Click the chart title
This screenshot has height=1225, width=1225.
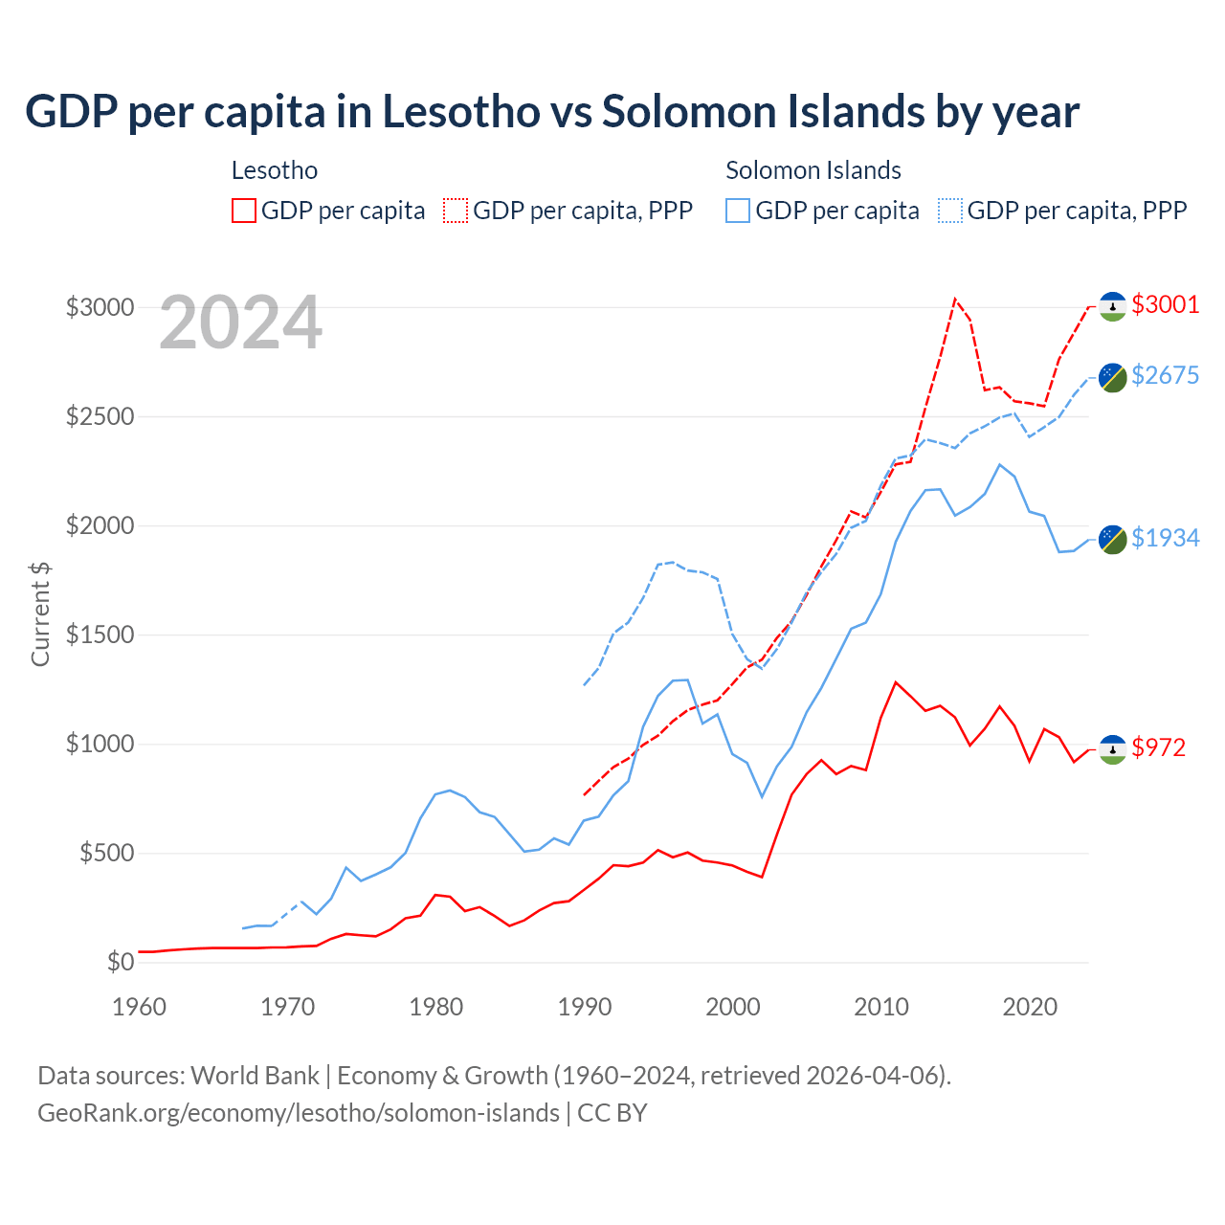pos(552,112)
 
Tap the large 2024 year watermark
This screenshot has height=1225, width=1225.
pos(241,323)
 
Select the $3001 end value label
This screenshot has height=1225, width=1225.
pos(1165,304)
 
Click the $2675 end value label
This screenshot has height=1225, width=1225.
pos(1165,375)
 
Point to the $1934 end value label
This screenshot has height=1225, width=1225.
pos(1165,538)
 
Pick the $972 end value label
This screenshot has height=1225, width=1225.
pos(1158,747)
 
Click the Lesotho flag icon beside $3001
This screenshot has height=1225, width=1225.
pos(1112,305)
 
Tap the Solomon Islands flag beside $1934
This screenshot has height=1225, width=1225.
pos(1112,539)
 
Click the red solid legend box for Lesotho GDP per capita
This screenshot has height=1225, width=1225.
pos(244,211)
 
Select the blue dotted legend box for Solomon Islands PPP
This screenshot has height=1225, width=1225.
pos(950,211)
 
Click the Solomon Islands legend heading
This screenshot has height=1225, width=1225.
pos(813,170)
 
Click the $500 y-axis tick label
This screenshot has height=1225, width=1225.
pos(106,853)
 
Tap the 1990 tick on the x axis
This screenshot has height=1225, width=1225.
pos(585,1007)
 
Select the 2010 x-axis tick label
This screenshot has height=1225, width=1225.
pos(881,1007)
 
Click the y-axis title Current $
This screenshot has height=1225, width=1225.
pos(40,614)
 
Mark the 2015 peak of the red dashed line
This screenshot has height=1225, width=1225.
pos(954,299)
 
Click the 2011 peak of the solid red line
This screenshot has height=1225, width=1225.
pos(895,682)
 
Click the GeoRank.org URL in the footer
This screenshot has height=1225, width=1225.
pos(299,1113)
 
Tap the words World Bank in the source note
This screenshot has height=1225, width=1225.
pos(256,1076)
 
